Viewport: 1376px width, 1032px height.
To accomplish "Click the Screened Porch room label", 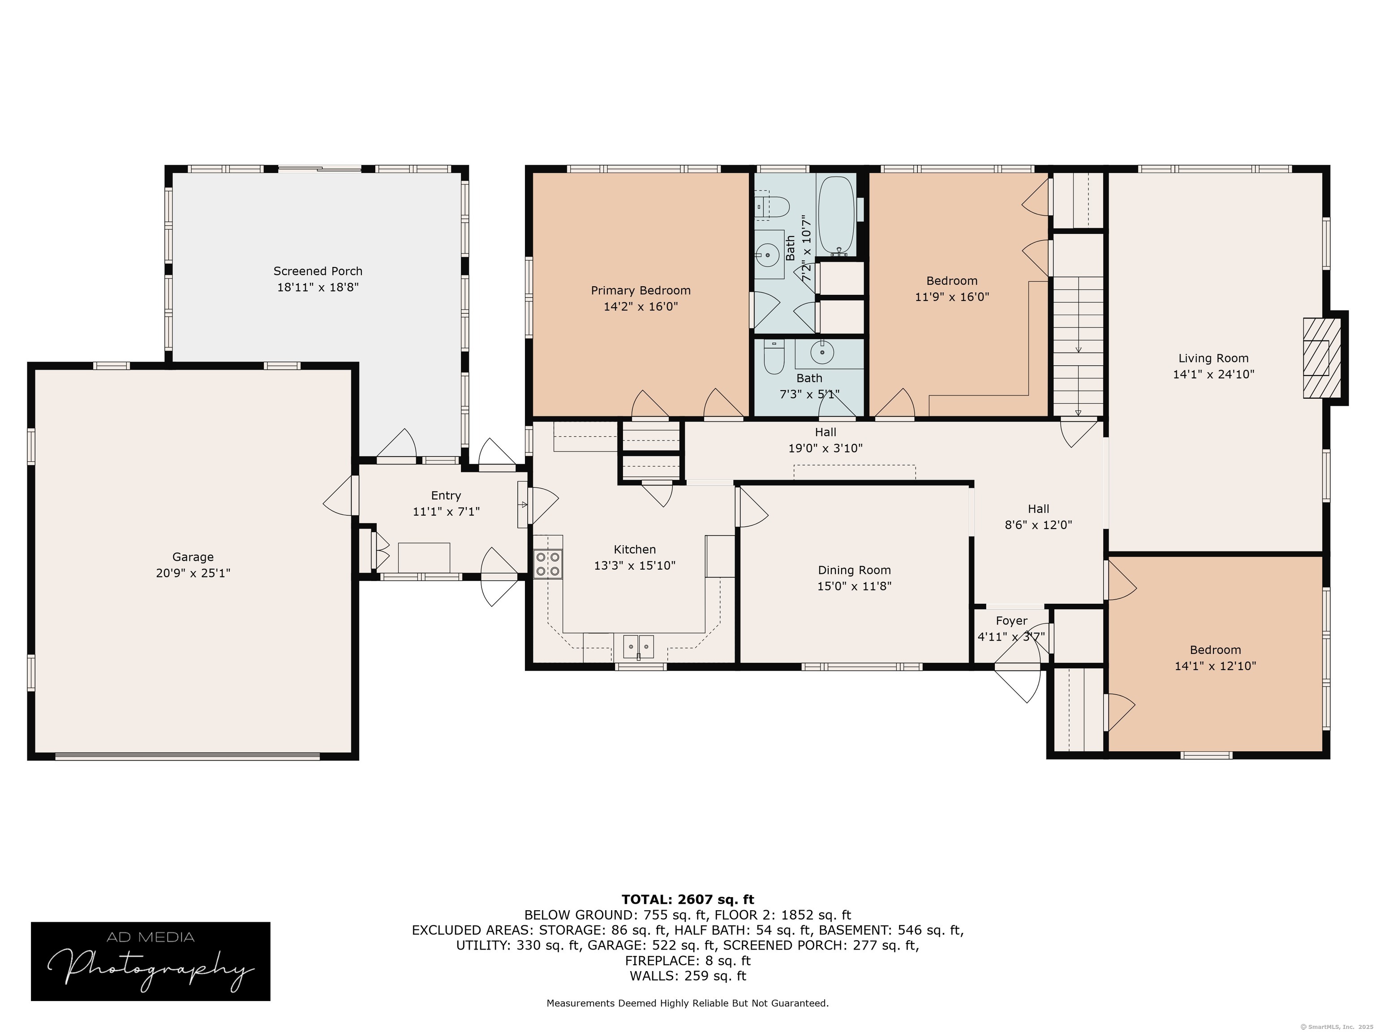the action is (318, 271).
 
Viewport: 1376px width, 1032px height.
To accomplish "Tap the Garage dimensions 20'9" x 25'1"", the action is (193, 573).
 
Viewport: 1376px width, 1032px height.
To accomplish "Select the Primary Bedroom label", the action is (641, 291).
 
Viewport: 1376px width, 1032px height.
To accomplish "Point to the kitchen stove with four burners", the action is (547, 565).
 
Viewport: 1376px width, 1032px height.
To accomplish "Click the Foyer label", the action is (1011, 621).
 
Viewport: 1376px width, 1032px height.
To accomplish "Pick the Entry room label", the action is (446, 496).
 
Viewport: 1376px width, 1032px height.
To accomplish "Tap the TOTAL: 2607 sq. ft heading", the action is (688, 899).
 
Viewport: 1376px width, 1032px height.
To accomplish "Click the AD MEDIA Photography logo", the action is (150, 961).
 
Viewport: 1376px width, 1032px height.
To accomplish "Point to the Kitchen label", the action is (635, 549).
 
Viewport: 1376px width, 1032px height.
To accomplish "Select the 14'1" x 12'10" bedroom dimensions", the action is (1215, 666).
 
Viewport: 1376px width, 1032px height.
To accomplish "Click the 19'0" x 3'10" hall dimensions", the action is (826, 448).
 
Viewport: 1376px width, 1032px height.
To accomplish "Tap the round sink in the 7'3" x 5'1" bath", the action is (822, 352).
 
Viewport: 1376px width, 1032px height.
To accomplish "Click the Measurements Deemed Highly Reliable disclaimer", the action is (688, 1003).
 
